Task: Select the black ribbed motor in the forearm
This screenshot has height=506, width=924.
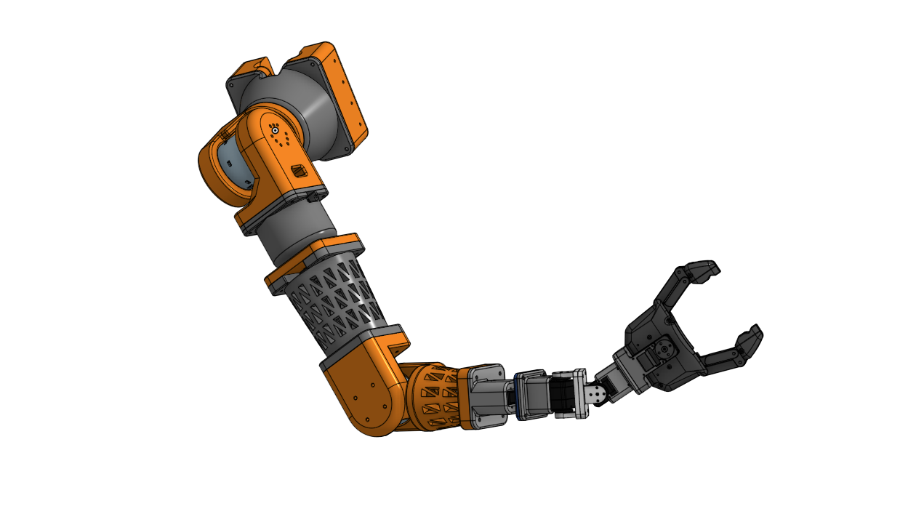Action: (x=563, y=397)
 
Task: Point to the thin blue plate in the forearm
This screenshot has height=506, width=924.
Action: (x=517, y=396)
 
